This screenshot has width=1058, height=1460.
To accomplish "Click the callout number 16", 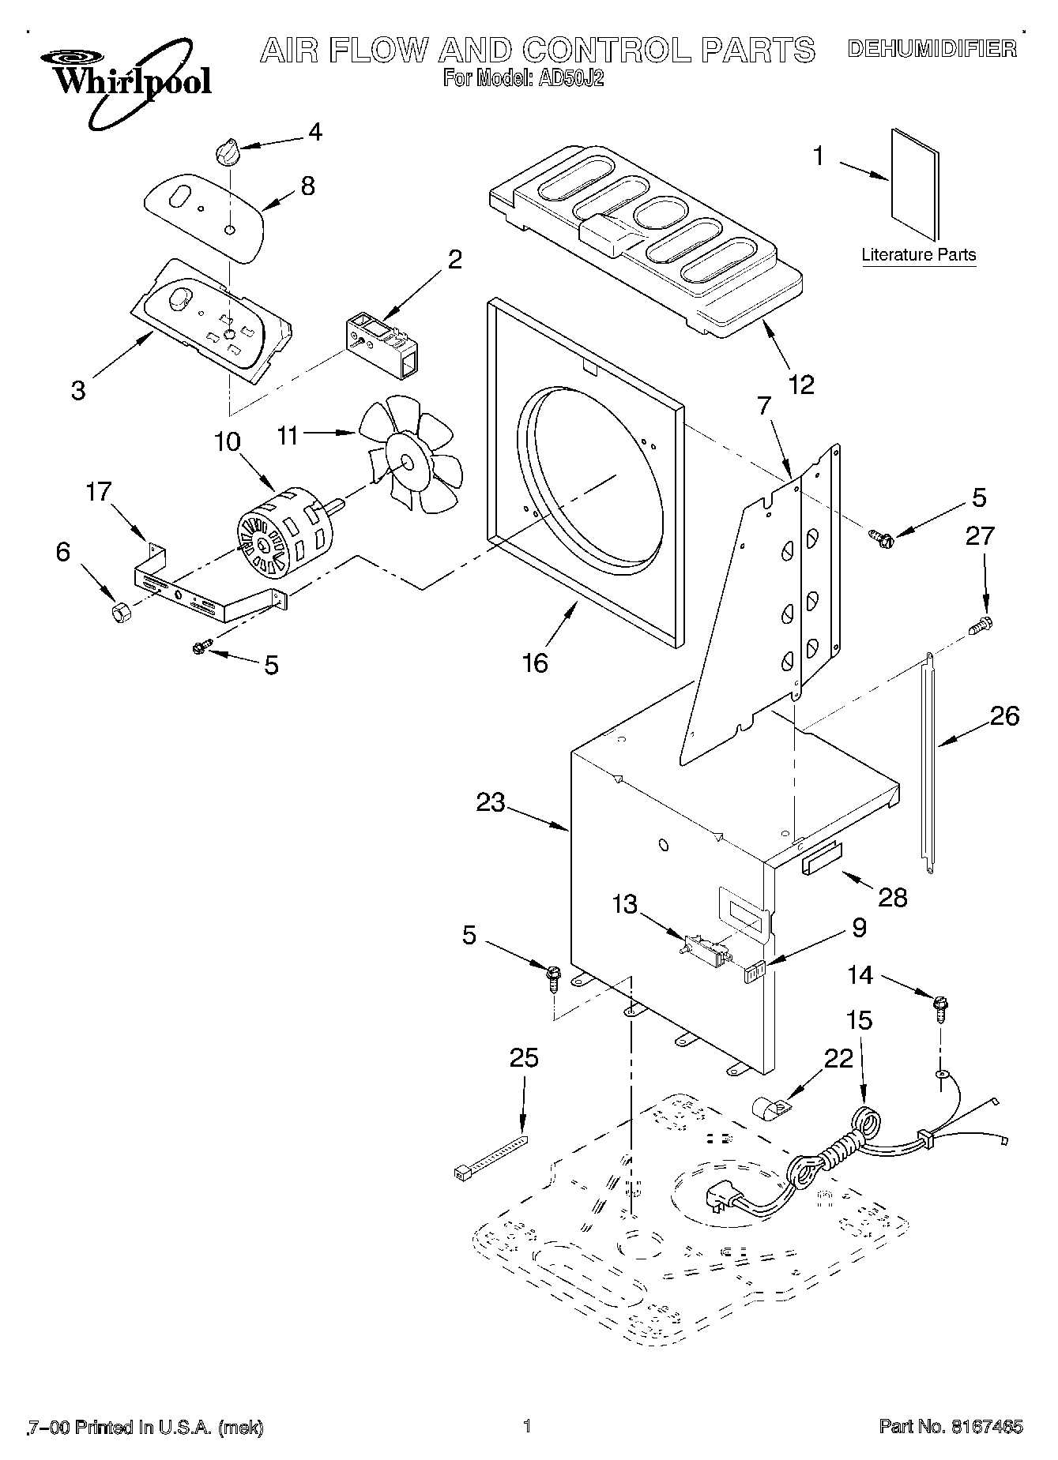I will pyautogui.click(x=535, y=662).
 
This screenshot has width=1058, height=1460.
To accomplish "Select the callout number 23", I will pyautogui.click(x=491, y=802).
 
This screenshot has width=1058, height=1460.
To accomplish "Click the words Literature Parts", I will pyautogui.click(x=918, y=255).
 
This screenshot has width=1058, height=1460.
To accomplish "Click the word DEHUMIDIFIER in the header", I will pyautogui.click(x=932, y=49).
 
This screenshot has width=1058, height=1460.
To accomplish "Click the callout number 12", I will pyautogui.click(x=800, y=385).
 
